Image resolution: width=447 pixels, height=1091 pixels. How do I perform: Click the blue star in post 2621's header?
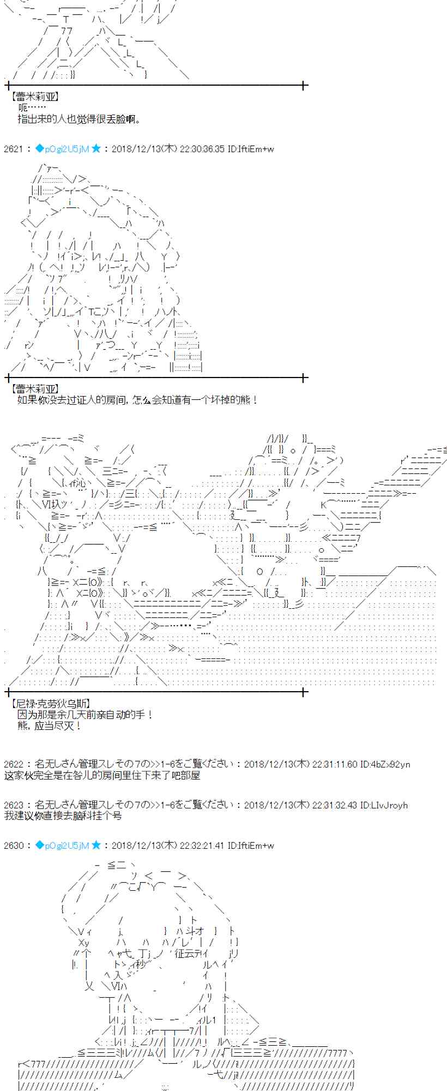96,148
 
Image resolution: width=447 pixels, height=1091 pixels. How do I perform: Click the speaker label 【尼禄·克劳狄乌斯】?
50,704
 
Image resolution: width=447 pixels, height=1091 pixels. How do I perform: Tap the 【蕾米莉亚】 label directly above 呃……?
34,97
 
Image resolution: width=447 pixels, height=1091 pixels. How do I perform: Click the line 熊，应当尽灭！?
50,726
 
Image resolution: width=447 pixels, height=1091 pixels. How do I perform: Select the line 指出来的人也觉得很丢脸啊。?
79,118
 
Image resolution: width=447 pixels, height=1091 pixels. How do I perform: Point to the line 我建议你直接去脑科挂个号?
63,816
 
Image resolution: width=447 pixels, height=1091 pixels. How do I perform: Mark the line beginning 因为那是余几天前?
85,715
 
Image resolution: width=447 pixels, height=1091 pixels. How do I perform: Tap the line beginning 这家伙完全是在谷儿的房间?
102,775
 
